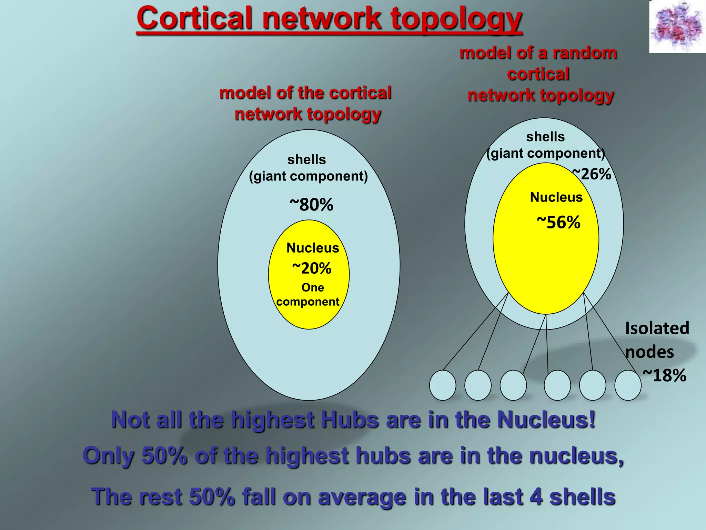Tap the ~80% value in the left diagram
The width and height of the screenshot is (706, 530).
(x=312, y=205)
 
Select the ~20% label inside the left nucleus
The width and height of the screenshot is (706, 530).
(x=312, y=268)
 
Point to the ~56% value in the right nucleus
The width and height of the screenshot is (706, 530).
(x=559, y=223)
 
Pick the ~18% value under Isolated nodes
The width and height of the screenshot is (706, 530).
(x=664, y=375)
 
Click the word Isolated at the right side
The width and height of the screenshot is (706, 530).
(x=657, y=328)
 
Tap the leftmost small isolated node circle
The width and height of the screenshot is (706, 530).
(x=443, y=385)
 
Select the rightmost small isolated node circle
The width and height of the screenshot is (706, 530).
(x=628, y=385)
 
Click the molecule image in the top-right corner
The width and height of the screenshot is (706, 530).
(x=677, y=27)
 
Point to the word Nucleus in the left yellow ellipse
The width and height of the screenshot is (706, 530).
(x=313, y=248)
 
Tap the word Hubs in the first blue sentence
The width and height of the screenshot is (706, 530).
(x=350, y=420)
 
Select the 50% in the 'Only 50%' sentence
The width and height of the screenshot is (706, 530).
(x=164, y=456)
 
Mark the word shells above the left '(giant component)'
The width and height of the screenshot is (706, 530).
(x=306, y=160)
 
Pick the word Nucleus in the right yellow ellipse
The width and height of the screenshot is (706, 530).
(x=556, y=197)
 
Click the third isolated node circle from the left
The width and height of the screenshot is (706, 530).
(x=513, y=385)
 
